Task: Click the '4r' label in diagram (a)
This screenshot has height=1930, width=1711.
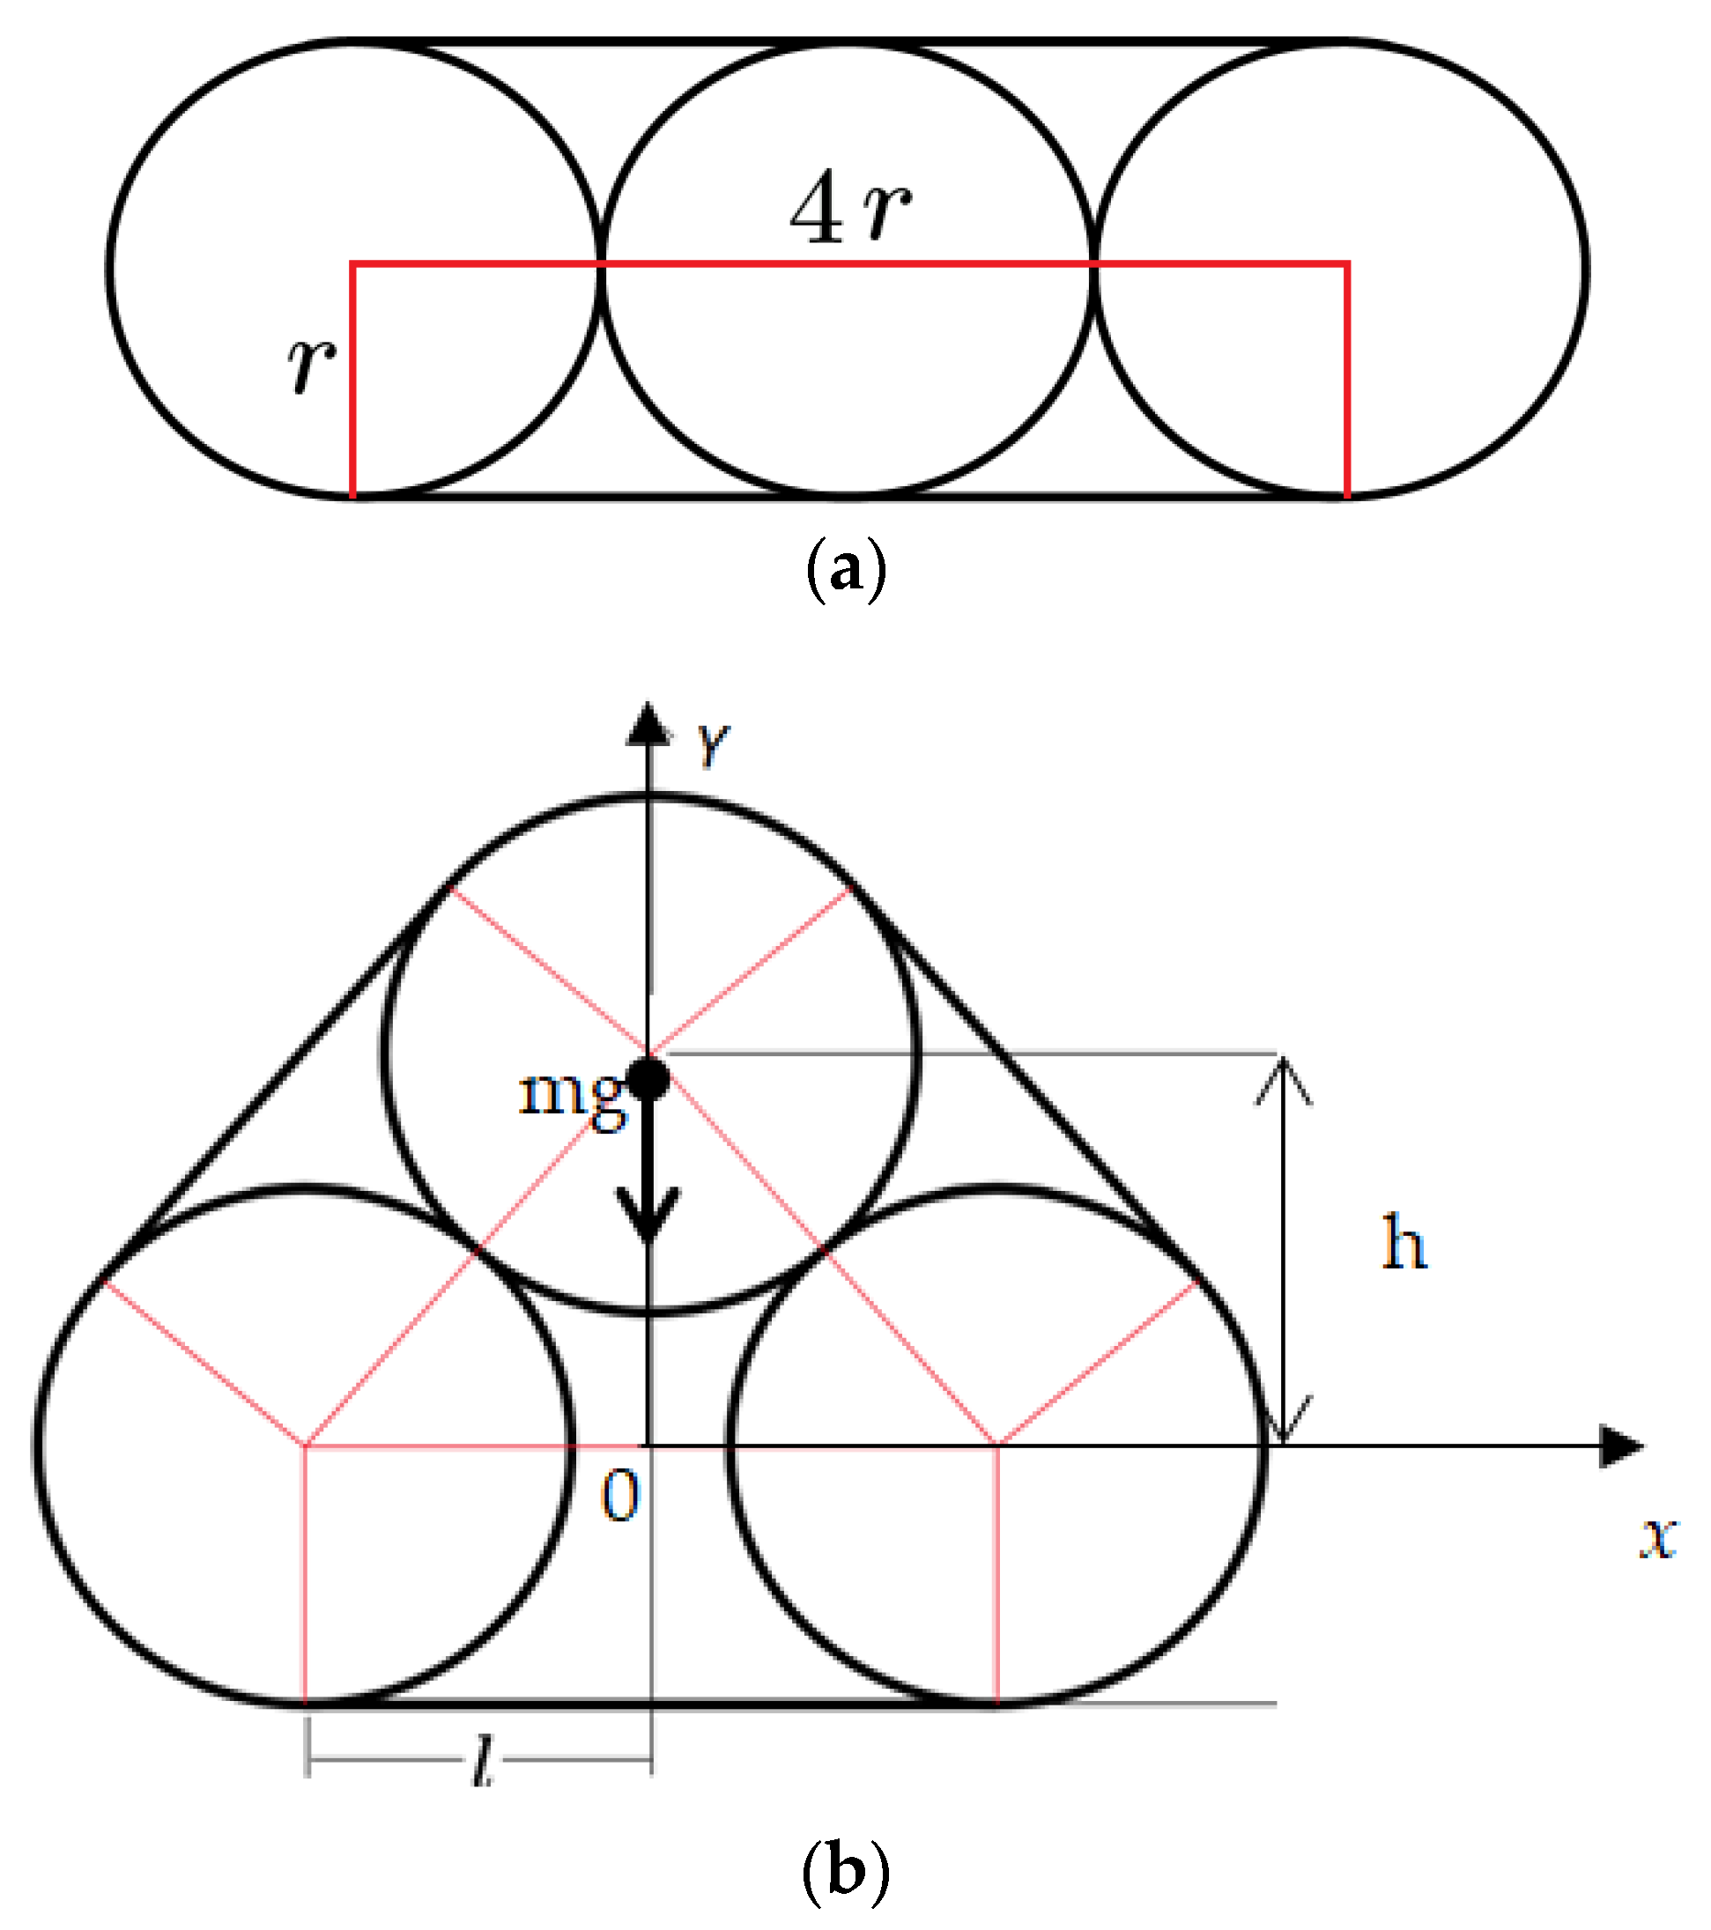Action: (x=850, y=209)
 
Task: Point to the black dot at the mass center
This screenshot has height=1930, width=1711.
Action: (x=648, y=1079)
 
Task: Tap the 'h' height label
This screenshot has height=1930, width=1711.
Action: (x=1404, y=1244)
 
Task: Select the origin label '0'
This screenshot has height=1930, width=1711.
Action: (x=620, y=1497)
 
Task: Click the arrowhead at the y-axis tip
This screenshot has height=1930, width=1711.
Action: (x=648, y=725)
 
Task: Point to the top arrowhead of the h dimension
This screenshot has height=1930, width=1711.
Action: (x=1282, y=1076)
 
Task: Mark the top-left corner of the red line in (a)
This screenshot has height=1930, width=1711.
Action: (x=353, y=264)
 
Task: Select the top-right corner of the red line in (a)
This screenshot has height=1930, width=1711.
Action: (x=1346, y=264)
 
